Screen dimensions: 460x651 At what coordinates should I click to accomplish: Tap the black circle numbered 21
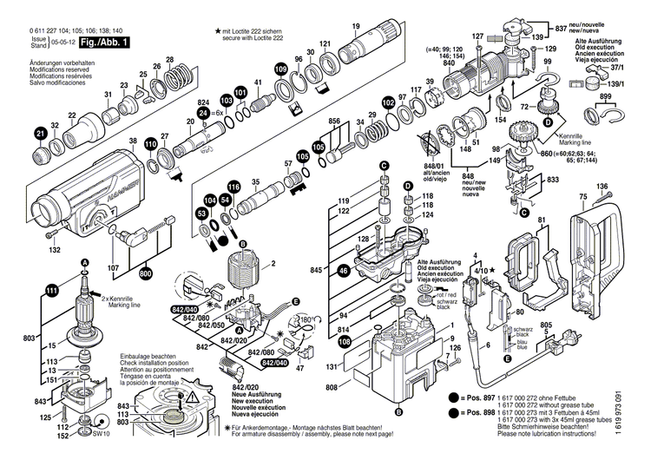pos(41,133)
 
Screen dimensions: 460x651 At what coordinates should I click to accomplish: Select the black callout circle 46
pos(345,271)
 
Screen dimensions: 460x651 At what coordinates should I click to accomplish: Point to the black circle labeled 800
pos(145,273)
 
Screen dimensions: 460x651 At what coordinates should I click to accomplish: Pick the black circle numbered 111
pos(52,290)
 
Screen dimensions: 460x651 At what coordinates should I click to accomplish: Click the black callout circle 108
pos(345,344)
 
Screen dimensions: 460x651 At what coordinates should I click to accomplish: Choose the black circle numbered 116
pos(233,187)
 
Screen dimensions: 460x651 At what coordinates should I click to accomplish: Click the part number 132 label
pos(55,250)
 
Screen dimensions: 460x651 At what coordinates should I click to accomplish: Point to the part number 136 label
pos(602,187)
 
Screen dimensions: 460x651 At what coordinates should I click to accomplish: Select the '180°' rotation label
pos(306,320)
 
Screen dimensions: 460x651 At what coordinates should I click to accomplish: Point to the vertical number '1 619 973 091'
pos(641,416)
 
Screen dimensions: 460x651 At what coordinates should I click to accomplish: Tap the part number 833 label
pos(551,179)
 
